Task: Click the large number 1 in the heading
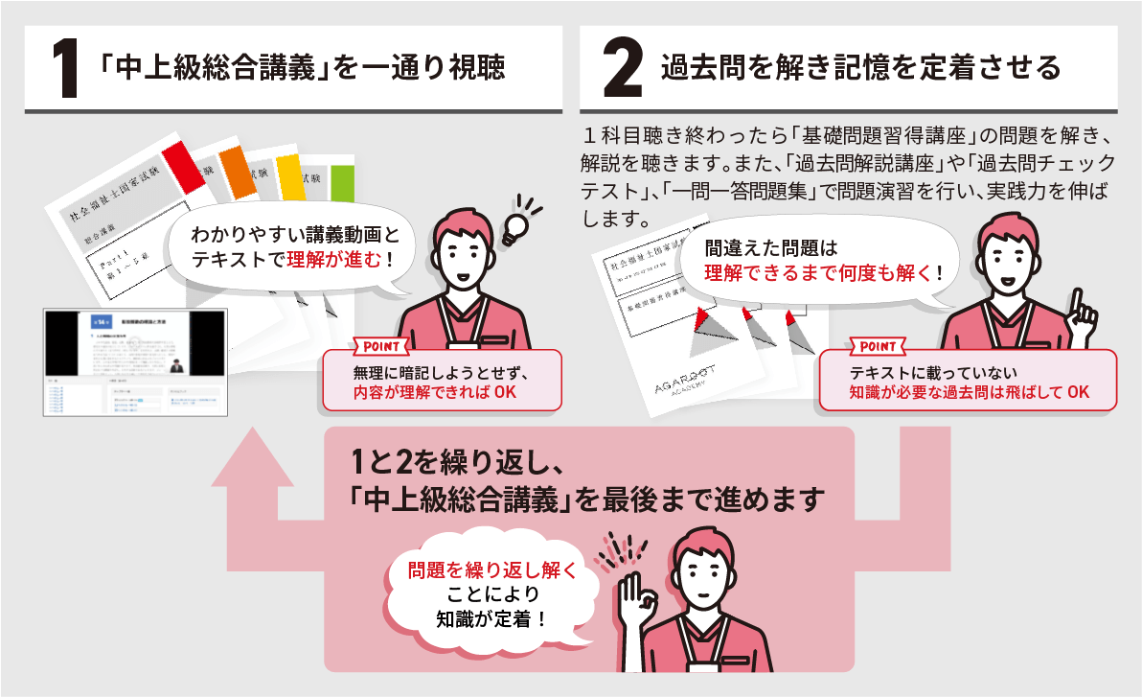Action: (64, 69)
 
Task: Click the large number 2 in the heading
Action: (623, 69)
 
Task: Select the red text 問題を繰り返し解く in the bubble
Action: (492, 570)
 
